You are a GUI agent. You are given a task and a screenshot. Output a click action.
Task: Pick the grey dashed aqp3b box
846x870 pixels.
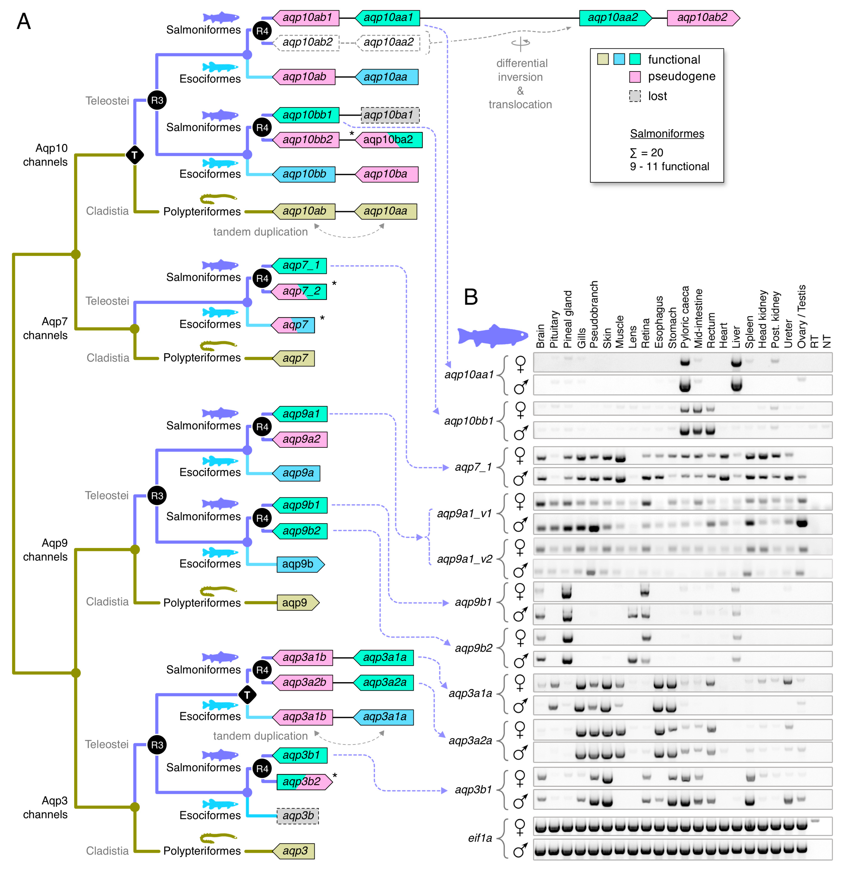[x=298, y=816]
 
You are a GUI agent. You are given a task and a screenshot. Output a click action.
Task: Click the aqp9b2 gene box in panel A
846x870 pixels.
[x=301, y=531]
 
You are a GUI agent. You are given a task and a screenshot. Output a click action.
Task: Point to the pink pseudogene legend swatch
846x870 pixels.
[x=635, y=77]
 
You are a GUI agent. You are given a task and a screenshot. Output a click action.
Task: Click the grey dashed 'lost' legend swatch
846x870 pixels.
[x=635, y=96]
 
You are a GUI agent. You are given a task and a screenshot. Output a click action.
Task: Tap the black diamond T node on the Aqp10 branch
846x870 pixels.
[x=135, y=155]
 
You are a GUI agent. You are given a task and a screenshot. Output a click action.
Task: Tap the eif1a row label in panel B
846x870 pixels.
[x=480, y=838]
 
